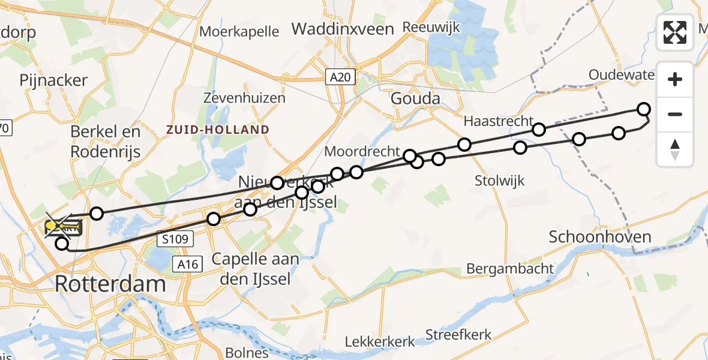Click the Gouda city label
(x=415, y=98)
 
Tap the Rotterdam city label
(x=110, y=284)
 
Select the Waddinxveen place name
(x=343, y=29)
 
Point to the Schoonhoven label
(x=600, y=236)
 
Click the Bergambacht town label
(x=510, y=268)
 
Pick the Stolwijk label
(x=499, y=180)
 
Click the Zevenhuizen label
(x=244, y=98)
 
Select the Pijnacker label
(x=53, y=80)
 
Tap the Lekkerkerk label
(x=380, y=342)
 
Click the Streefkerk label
(x=458, y=335)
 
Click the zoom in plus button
(x=675, y=79)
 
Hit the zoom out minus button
(x=675, y=114)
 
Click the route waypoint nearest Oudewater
(x=644, y=109)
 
